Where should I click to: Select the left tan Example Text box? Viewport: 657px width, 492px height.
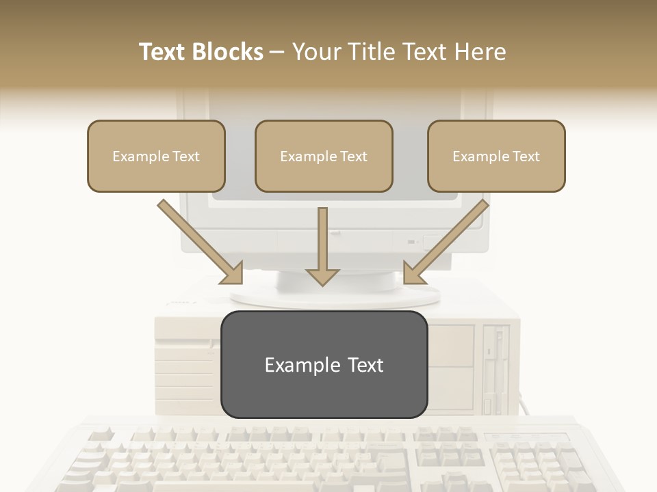(156, 156)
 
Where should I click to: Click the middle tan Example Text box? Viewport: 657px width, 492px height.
(324, 156)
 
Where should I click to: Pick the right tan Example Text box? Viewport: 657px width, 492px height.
(496, 156)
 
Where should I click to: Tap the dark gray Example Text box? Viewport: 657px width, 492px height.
(324, 364)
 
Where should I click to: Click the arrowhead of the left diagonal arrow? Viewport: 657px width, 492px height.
(233, 273)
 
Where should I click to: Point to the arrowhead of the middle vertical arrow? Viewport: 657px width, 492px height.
(322, 276)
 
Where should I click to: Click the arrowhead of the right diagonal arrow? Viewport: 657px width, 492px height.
(413, 273)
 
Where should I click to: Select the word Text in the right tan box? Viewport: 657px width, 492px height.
(526, 156)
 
